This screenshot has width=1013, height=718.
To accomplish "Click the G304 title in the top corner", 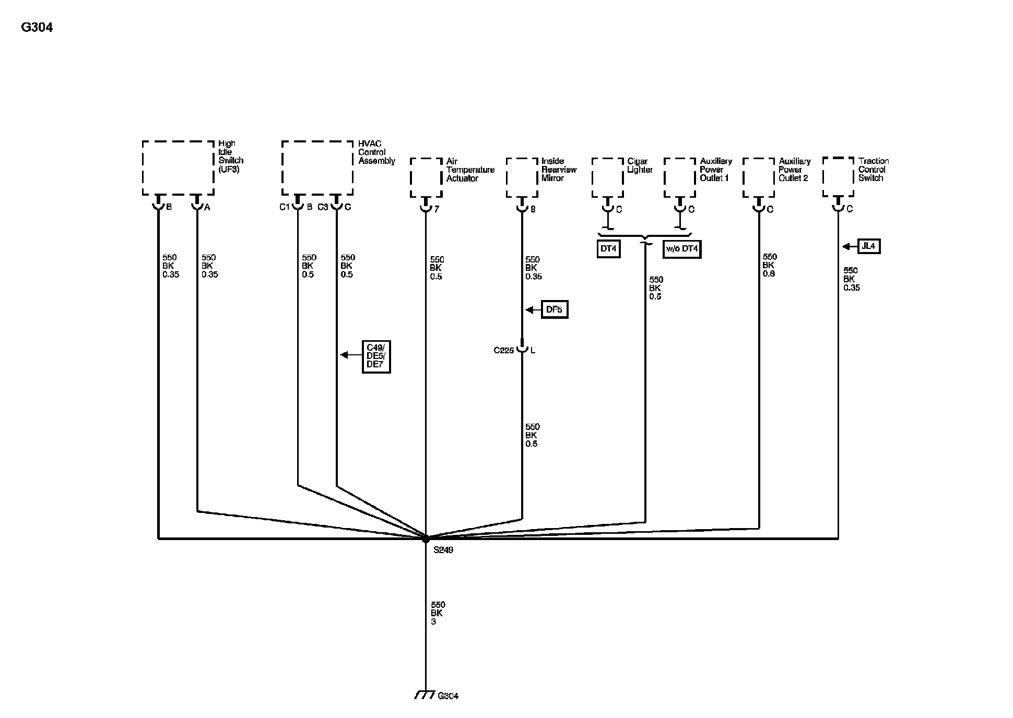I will coord(37,27).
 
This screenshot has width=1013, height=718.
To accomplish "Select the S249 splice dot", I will coord(426,538).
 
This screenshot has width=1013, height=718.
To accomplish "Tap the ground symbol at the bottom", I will coord(425,695).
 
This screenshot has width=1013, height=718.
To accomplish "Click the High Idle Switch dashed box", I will coord(178,168).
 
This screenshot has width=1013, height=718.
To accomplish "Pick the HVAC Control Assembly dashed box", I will coord(317,168).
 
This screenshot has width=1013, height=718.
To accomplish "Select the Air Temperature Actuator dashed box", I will coord(426,177).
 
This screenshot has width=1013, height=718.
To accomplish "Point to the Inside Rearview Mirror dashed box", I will coord(522,177).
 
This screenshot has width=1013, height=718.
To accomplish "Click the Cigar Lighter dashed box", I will coord(607,177).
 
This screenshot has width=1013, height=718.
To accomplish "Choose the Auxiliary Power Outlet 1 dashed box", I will coord(679,177).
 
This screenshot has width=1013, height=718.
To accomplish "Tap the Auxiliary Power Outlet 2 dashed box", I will coord(759,177).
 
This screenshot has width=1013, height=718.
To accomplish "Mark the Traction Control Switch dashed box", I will coord(838,177).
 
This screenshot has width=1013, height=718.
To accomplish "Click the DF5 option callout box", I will coord(554,309).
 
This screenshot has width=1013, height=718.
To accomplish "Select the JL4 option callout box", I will coord(868,246).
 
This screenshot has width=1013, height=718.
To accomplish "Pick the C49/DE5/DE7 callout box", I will coord(376,356).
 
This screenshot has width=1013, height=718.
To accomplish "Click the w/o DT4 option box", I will coord(681,249).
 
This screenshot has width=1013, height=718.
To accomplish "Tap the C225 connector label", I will coord(504,351).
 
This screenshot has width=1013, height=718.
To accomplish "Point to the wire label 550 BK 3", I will coord(438,613).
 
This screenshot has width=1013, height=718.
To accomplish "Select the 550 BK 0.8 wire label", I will coord(770,265).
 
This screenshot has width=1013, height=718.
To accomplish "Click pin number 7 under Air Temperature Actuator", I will coord(437,209).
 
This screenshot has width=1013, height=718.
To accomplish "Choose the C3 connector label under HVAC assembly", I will coord(323,207).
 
